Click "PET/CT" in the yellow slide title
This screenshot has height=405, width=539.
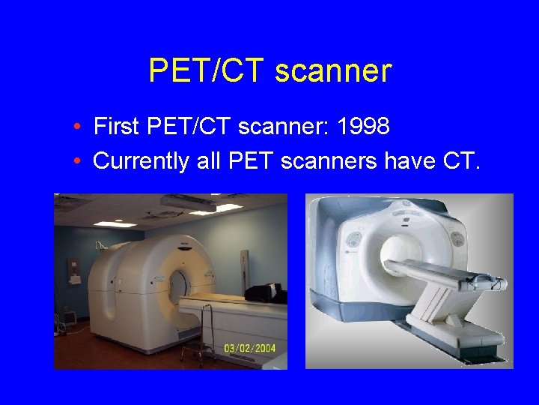click(207, 71)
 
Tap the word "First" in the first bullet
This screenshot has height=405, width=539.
click(116, 127)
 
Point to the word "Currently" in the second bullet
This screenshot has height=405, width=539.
click(139, 160)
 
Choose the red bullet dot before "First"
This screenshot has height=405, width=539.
click(78, 127)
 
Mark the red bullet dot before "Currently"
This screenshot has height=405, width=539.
click(78, 161)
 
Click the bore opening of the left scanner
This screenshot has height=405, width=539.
click(179, 286)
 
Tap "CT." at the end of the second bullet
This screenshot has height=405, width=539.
click(454, 160)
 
